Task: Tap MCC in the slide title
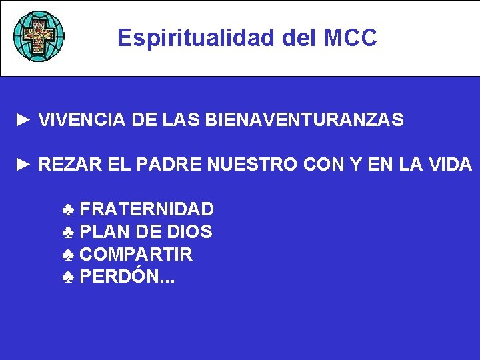tap(351, 38)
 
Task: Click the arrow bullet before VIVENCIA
tap(24, 120)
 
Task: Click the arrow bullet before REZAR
tap(24, 164)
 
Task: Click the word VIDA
tap(451, 164)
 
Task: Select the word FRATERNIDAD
tap(147, 209)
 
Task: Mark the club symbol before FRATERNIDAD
tap(68, 210)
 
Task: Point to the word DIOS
tap(189, 232)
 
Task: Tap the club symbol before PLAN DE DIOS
tap(68, 233)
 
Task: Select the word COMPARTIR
tap(136, 255)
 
